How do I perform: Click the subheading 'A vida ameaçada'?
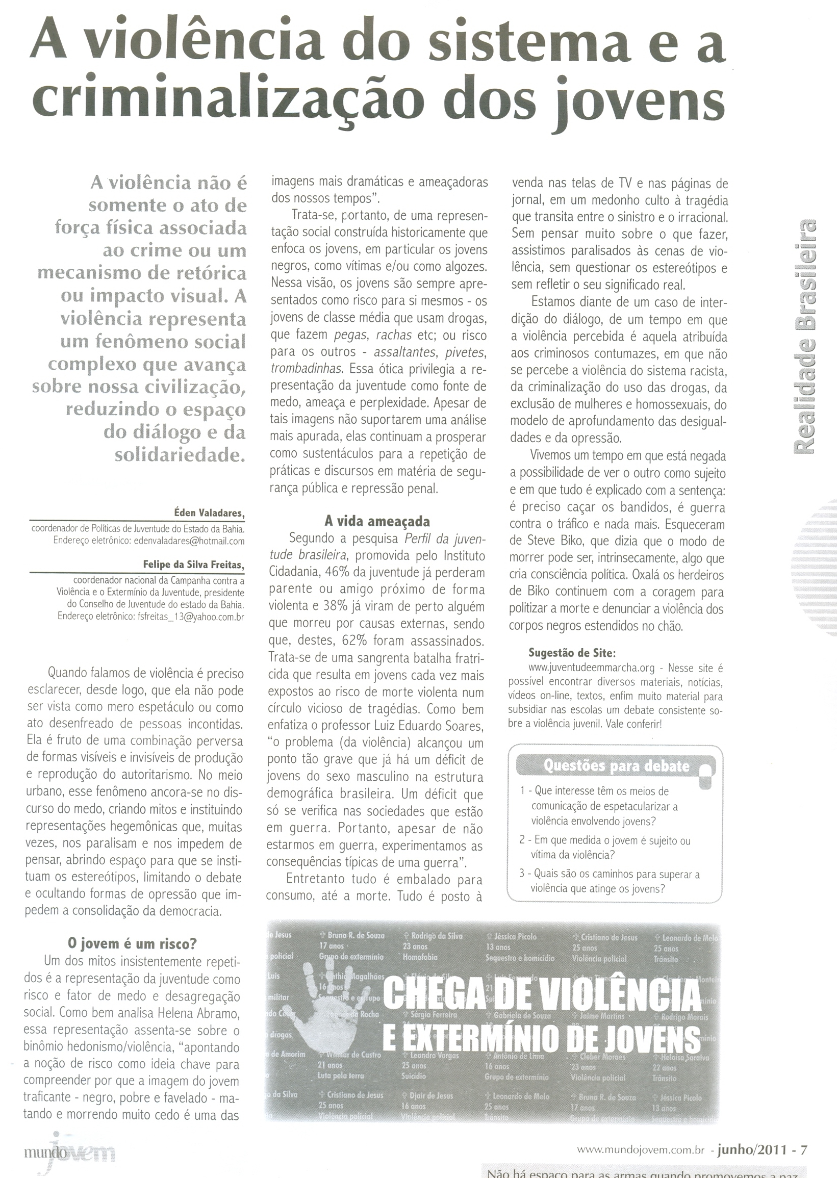(x=377, y=522)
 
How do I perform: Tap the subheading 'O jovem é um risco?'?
(x=133, y=943)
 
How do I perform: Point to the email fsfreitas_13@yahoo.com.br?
(x=194, y=617)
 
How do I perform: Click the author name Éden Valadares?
(x=209, y=513)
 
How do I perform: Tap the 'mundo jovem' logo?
(x=69, y=1153)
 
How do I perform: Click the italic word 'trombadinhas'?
(x=306, y=369)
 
